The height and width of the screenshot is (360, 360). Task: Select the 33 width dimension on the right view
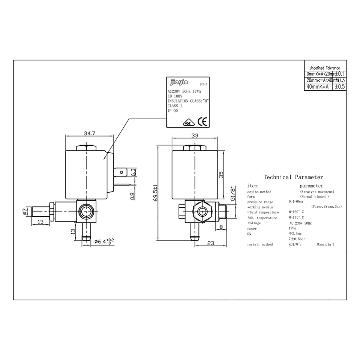194,136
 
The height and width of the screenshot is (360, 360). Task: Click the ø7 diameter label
25,211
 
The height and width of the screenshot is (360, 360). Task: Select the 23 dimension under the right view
210,243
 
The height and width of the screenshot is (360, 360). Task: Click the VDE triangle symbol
187,123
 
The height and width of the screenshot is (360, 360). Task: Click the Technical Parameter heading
293,177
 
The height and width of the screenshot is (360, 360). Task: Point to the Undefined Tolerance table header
324,68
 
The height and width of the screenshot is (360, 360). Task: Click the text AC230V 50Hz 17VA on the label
184,91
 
